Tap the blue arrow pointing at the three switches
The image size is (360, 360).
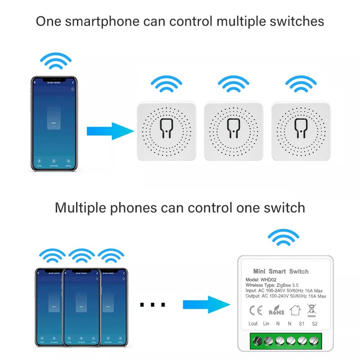coord(110,131)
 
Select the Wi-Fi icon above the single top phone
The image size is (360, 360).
coord(55,61)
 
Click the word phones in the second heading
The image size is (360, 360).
coord(133,208)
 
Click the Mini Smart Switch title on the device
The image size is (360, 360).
coord(281,271)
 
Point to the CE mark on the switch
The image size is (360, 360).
coord(256,310)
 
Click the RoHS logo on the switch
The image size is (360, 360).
coord(276,310)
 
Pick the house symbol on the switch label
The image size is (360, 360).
coord(294,310)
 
